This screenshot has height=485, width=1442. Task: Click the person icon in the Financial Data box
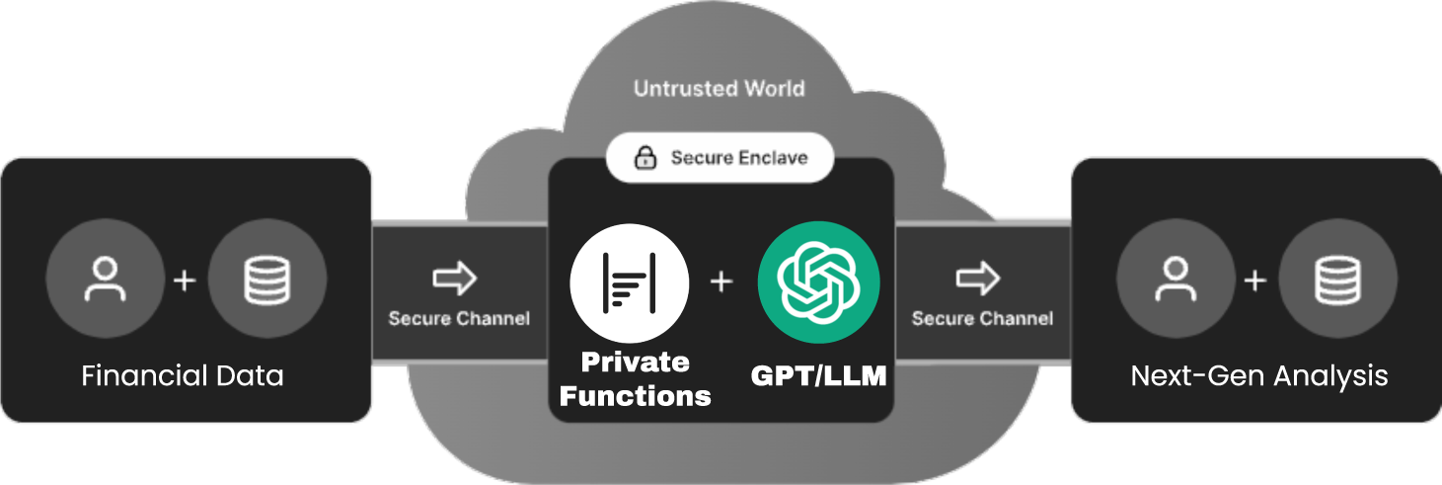pyautogui.click(x=106, y=280)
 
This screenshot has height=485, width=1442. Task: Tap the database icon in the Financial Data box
pyautogui.click(x=266, y=280)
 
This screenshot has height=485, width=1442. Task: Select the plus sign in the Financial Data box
pyautogui.click(x=185, y=281)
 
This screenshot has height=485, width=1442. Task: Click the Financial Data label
pyautogui.click(x=183, y=376)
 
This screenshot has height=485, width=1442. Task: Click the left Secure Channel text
pyautogui.click(x=459, y=318)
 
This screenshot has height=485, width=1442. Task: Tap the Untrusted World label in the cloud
pyautogui.click(x=719, y=89)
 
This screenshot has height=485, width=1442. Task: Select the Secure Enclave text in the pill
pyautogui.click(x=739, y=158)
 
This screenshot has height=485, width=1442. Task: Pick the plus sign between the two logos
pyautogui.click(x=721, y=282)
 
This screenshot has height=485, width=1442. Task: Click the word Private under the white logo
pyautogui.click(x=635, y=362)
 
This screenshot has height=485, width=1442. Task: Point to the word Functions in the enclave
pyautogui.click(x=635, y=396)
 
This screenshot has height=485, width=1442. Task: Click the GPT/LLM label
pyautogui.click(x=817, y=376)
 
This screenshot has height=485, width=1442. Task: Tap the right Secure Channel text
pyautogui.click(x=982, y=318)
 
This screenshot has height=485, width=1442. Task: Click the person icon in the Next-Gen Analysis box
pyautogui.click(x=1175, y=280)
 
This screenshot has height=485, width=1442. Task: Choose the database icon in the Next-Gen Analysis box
pyautogui.click(x=1337, y=280)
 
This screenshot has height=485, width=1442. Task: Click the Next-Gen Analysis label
pyautogui.click(x=1258, y=376)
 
